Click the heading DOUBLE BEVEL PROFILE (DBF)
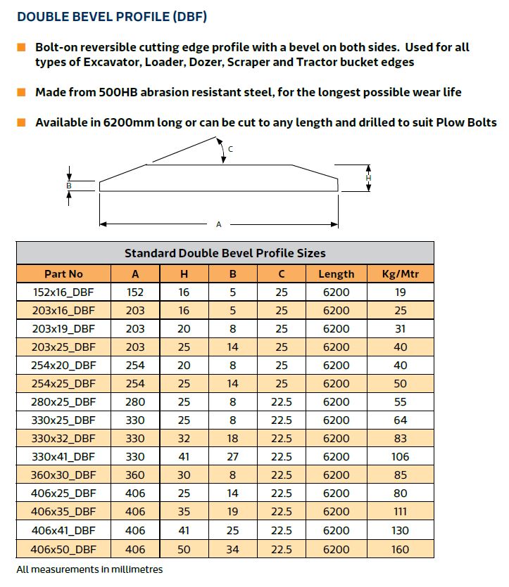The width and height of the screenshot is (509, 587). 111,16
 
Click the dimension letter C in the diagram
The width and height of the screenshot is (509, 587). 231,148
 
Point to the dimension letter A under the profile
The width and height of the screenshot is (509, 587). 218,224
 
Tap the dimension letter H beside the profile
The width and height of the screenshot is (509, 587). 368,179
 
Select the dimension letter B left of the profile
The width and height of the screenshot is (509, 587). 68,185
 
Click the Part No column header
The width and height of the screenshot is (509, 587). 63,274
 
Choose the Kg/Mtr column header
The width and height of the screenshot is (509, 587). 401,274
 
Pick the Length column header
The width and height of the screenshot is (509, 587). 336,274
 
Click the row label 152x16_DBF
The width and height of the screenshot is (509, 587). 63,292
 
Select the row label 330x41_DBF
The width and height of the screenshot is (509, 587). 63,457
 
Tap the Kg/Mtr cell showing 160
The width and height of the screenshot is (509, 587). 401,548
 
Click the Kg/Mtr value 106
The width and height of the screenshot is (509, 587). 401,457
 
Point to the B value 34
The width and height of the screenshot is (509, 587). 232,548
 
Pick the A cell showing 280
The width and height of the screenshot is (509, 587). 135,402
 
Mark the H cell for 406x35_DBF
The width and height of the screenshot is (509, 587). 184,512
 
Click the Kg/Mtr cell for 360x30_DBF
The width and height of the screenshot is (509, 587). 401,475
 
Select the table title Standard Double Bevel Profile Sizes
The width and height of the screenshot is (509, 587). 225,253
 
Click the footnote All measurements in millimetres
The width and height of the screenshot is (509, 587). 89,569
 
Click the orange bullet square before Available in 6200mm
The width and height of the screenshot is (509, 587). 22,122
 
